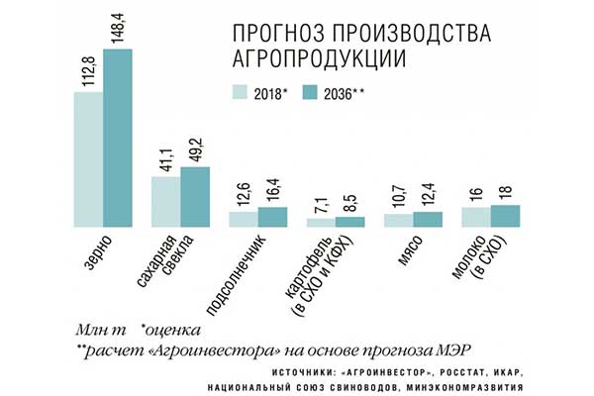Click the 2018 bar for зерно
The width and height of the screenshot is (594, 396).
click(x=87, y=158)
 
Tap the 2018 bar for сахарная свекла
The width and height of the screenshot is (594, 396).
click(x=164, y=201)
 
